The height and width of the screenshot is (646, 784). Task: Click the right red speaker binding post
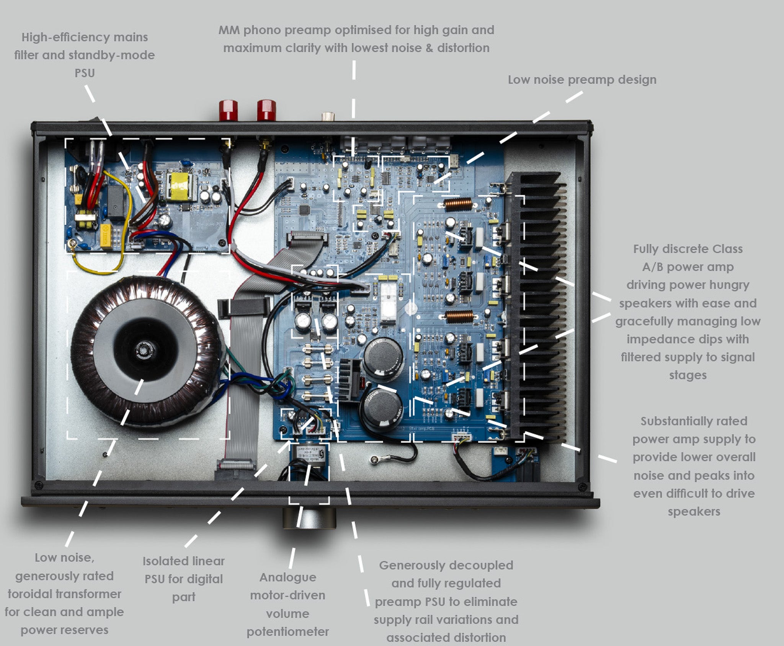click(266, 110)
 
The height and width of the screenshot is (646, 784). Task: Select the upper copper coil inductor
click(458, 204)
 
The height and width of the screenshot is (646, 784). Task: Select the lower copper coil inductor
click(460, 316)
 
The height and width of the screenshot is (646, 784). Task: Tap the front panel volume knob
click(309, 517)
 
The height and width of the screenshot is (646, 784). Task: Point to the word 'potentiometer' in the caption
click(287, 631)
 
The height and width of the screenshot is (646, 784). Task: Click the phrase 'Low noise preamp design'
click(582, 80)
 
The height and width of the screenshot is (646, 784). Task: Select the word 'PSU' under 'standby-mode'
click(84, 73)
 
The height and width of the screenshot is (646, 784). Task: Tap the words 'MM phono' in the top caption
click(249, 30)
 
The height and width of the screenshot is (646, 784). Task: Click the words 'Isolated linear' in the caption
click(183, 561)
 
